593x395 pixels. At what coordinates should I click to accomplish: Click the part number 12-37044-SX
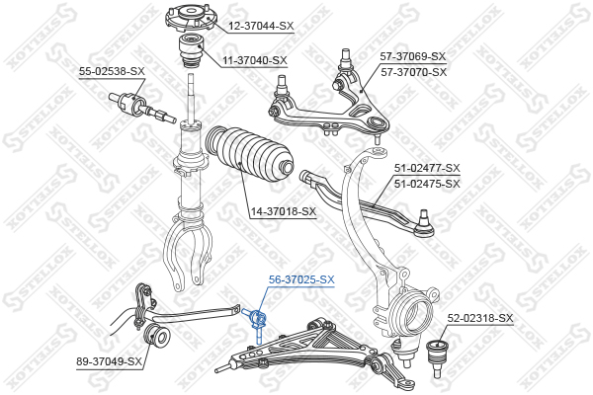coord(261,26)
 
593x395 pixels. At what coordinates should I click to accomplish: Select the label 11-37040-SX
coord(255,60)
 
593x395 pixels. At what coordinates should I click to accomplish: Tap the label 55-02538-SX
coord(112,71)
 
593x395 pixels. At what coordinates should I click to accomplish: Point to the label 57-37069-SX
coord(413,56)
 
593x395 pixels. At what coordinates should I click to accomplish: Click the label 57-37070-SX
coord(414,72)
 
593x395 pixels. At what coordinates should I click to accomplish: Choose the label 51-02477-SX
coord(427,168)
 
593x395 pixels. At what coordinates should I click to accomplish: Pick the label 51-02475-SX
coord(427,184)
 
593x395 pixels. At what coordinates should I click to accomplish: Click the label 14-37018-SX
coord(284,211)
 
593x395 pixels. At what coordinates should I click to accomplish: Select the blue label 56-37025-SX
coord(301,279)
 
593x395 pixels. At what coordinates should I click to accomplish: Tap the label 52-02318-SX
coord(480,318)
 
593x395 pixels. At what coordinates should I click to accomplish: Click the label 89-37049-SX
coord(110,361)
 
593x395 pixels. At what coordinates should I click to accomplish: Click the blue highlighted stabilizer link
coord(256,323)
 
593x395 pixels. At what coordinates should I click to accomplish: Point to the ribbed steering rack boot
coord(249,155)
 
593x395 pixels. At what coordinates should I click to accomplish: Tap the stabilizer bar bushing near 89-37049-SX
coord(156,335)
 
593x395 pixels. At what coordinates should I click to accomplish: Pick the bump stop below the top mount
coord(192,50)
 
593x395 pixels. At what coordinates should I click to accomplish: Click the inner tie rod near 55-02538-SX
coord(142,108)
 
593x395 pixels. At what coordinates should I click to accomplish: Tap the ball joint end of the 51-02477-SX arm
coord(424,224)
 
